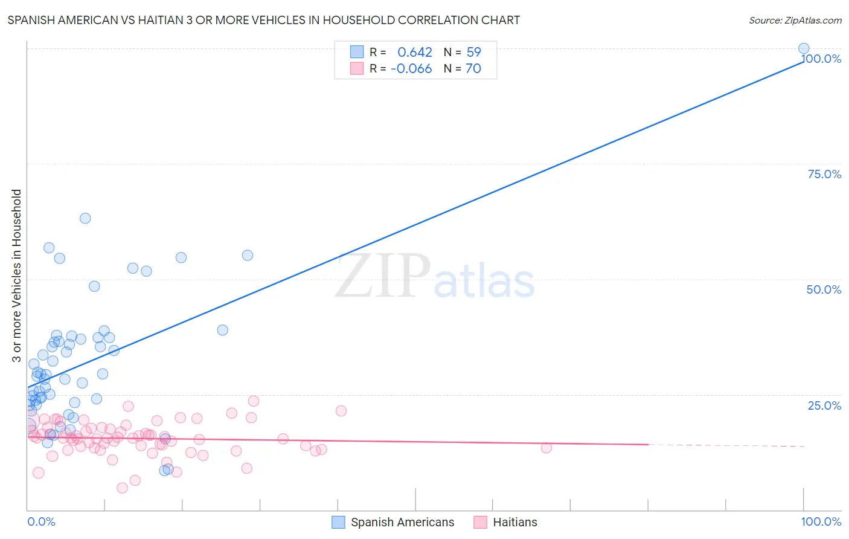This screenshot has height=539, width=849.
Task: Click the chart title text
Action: click(x=263, y=20)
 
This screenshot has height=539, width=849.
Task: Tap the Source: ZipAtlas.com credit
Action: click(x=795, y=20)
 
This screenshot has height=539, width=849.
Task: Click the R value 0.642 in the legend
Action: click(x=414, y=53)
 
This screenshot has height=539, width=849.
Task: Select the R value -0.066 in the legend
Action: click(x=411, y=69)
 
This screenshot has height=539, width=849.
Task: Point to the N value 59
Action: click(x=473, y=53)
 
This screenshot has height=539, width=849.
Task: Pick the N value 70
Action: click(x=473, y=69)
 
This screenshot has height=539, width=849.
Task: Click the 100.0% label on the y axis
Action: click(x=821, y=59)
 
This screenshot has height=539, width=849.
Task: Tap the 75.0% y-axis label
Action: click(x=824, y=174)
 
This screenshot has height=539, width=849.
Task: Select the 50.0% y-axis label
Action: click(x=824, y=289)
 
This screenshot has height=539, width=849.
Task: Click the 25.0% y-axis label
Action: click(x=824, y=405)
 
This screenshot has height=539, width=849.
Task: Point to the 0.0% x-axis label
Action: click(x=41, y=521)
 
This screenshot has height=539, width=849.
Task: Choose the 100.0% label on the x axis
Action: click(x=821, y=521)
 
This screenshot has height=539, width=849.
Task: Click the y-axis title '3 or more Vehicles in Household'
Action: click(x=17, y=276)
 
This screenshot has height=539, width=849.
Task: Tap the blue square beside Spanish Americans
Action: click(x=338, y=522)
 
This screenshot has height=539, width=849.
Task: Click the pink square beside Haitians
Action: click(x=480, y=522)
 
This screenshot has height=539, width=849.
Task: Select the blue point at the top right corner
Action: click(x=804, y=48)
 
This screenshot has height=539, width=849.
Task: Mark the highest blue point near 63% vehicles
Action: click(x=85, y=218)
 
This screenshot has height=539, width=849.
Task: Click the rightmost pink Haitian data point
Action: click(x=546, y=448)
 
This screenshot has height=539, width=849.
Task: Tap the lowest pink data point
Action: click(x=122, y=488)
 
